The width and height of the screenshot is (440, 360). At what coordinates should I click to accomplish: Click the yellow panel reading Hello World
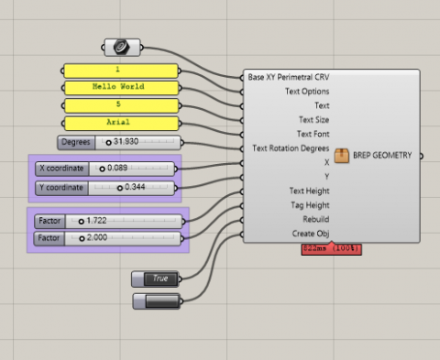pos(119,88)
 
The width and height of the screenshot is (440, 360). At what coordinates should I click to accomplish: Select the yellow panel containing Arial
pos(119,122)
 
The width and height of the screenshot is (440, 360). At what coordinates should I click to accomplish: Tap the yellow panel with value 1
pos(119,71)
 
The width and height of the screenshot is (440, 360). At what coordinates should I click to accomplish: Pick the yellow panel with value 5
pos(119,105)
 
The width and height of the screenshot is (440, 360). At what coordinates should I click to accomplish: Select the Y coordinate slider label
pos(61,188)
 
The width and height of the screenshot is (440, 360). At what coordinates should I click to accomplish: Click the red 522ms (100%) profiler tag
pos(331,249)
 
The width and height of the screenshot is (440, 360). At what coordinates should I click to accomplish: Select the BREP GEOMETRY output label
pos(383,156)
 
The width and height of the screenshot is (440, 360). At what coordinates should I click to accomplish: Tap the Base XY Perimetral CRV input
pos(288,78)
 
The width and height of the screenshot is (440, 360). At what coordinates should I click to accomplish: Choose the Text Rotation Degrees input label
pos(291,148)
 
